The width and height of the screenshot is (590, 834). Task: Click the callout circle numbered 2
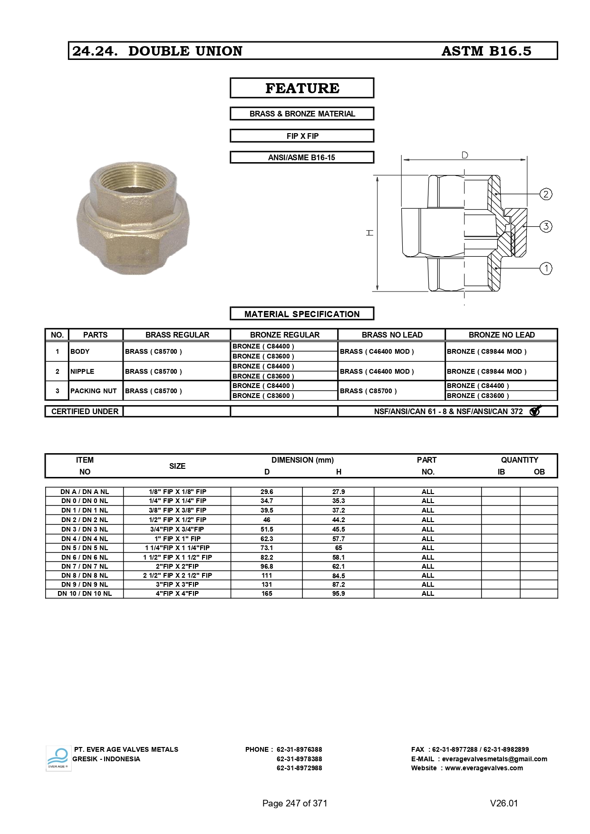tap(546, 194)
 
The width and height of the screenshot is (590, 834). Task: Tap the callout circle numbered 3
tap(546, 226)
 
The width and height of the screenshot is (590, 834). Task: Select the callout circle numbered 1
tap(546, 269)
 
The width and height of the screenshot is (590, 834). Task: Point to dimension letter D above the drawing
tap(464, 155)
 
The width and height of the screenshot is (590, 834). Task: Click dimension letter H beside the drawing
tap(370, 233)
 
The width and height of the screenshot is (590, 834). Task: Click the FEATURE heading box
tap(302, 88)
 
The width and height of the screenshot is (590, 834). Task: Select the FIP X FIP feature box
tap(302, 136)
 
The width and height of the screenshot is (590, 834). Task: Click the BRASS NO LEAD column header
tap(392, 335)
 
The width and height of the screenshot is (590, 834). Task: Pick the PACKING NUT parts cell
tap(93, 391)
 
